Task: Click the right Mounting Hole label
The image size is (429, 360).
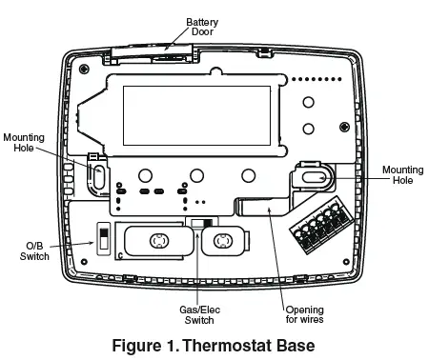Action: point(400,175)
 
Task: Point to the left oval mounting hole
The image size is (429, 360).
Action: point(97,175)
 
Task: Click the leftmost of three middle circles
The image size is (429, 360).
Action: point(145,175)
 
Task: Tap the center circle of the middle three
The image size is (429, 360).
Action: point(196,175)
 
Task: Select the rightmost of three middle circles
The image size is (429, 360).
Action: point(248,175)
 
